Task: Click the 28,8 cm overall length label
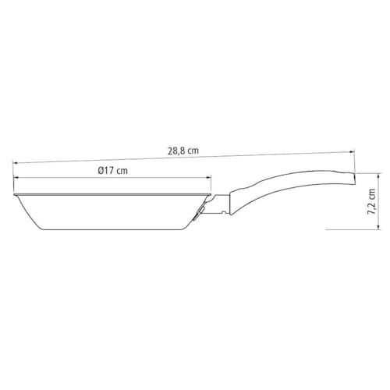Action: point(183,151)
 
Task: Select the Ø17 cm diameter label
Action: point(113,171)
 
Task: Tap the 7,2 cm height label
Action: point(372,201)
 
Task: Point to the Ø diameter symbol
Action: point(101,171)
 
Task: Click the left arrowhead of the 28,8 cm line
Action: point(15,163)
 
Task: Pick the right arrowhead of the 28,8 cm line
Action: point(353,152)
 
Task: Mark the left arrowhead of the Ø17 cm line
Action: point(16,178)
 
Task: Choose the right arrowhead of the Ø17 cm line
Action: point(208,178)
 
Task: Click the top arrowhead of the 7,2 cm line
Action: point(380,175)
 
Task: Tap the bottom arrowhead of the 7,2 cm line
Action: point(380,227)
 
